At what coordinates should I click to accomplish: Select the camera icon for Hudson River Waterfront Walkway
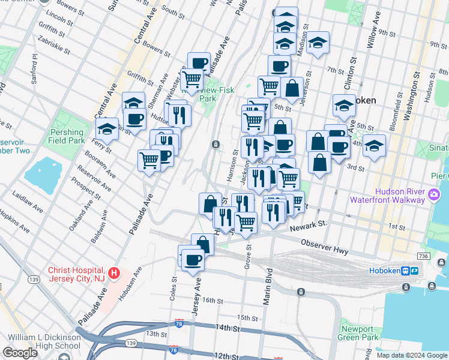click(433, 194)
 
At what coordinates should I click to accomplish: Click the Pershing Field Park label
click(67, 136)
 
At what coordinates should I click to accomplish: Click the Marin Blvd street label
click(268, 287)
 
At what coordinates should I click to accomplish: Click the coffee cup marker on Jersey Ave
click(193, 260)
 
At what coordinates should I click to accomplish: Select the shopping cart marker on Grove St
click(246, 222)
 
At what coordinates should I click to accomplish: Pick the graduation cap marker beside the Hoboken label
click(344, 105)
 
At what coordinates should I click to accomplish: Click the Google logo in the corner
click(20, 353)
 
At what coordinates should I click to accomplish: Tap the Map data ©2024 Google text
click(412, 355)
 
